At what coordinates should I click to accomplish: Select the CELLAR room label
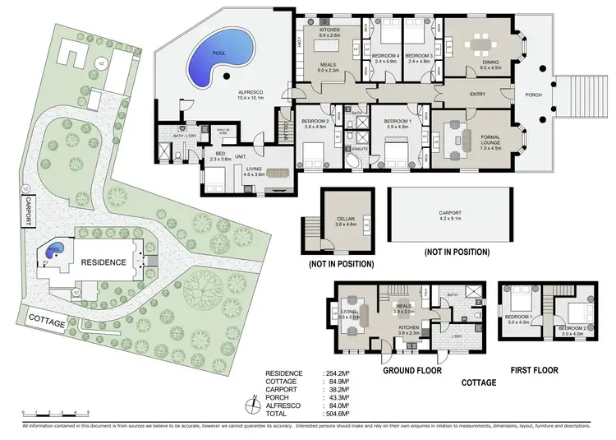(x=346, y=219)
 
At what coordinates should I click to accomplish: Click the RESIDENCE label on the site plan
(x=103, y=262)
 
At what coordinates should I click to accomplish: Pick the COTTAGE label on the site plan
(x=47, y=323)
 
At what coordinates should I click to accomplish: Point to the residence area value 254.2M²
(x=338, y=373)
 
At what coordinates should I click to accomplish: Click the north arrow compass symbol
(x=257, y=406)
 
